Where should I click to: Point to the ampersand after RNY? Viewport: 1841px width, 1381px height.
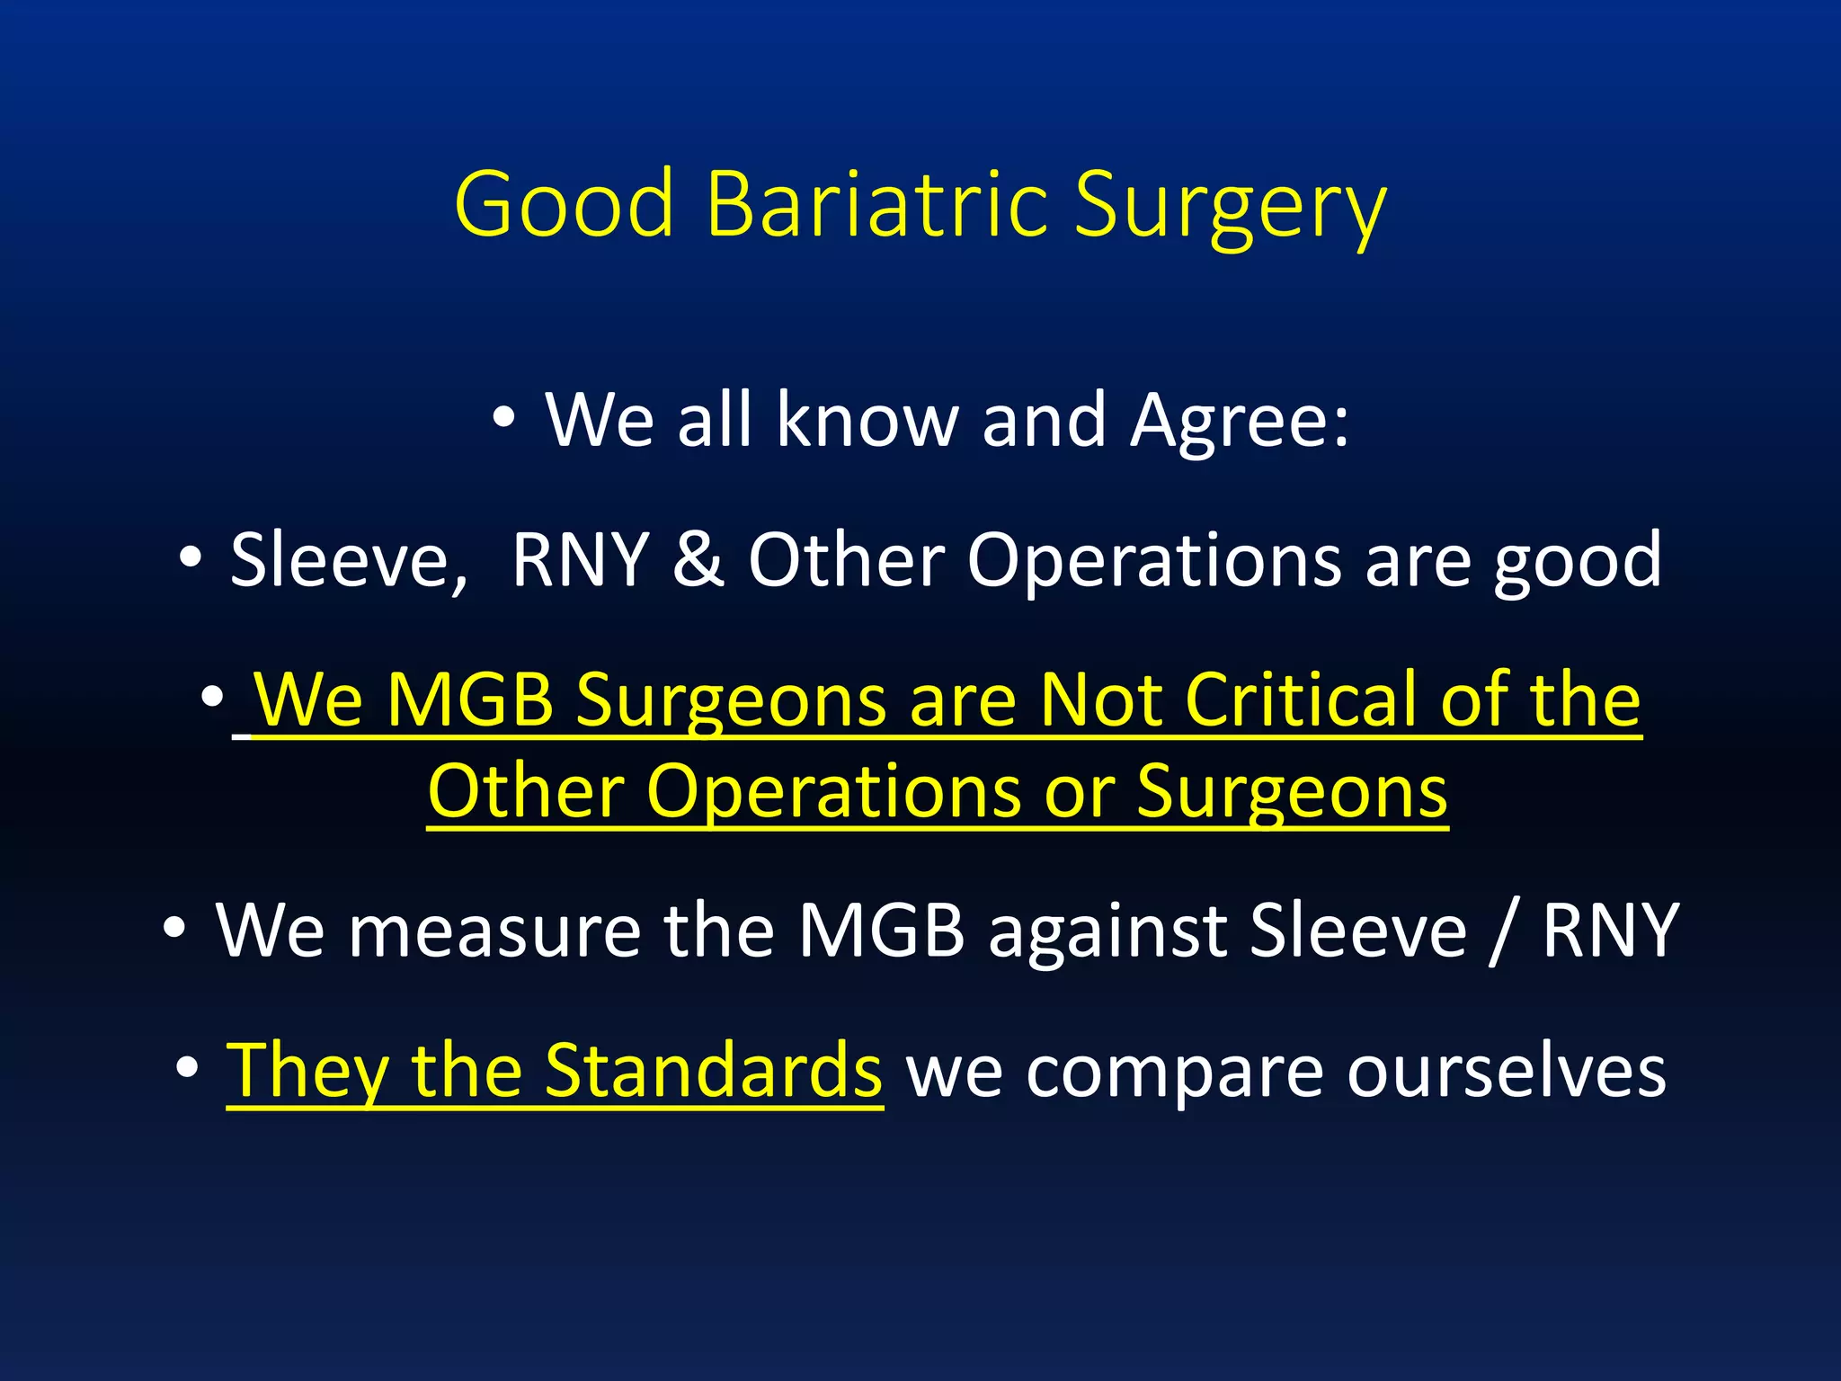(x=698, y=559)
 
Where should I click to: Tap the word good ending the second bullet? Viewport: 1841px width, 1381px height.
(x=1578, y=563)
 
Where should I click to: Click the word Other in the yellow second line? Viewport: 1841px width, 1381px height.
(x=525, y=791)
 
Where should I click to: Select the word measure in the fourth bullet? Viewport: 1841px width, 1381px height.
(x=494, y=932)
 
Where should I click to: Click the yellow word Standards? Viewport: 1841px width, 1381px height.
(x=714, y=1071)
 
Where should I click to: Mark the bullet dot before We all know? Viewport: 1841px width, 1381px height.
(x=503, y=418)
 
